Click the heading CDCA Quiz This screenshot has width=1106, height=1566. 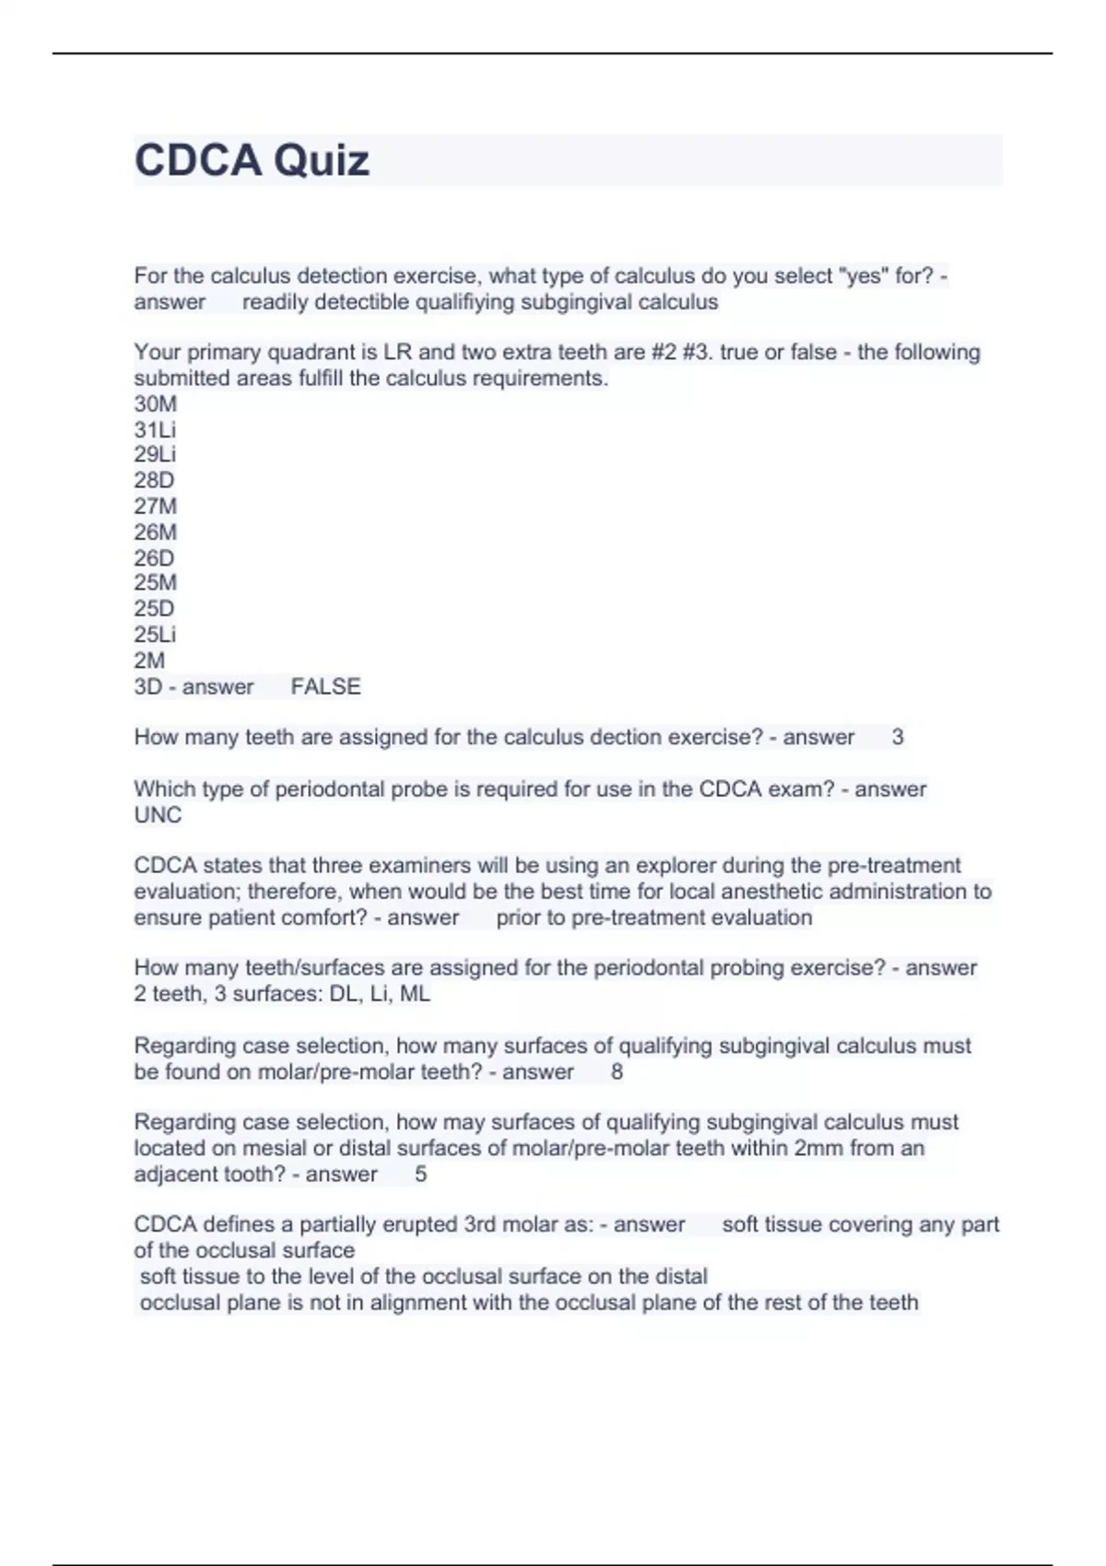click(x=252, y=160)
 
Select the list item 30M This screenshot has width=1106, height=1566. click(x=155, y=404)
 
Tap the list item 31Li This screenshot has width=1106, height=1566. click(x=155, y=430)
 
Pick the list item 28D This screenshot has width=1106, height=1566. click(x=154, y=481)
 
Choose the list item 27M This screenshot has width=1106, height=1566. click(x=155, y=507)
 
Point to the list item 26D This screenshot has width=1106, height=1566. click(x=154, y=558)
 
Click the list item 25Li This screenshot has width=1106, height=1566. click(x=155, y=635)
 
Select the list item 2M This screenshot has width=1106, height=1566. click(x=149, y=660)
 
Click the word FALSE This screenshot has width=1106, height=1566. click(x=325, y=687)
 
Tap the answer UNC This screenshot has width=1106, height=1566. click(x=158, y=815)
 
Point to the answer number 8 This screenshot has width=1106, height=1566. click(x=617, y=1072)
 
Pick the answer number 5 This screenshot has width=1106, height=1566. click(x=421, y=1174)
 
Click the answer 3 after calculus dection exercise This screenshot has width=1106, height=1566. click(x=897, y=738)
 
